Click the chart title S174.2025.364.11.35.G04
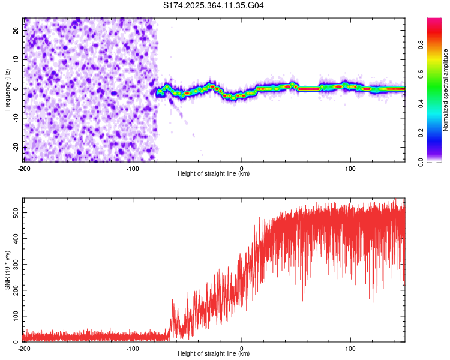tap(214, 6)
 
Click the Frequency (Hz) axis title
tap(7, 89)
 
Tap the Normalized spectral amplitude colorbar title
tap(446, 90)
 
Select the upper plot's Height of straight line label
tap(214, 174)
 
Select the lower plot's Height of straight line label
tap(214, 353)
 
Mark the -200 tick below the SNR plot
tap(24, 348)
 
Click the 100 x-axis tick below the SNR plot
tap(350, 348)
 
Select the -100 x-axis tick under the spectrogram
tap(133, 169)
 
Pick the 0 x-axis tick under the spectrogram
tap(242, 169)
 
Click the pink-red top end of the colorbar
tap(434, 21)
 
